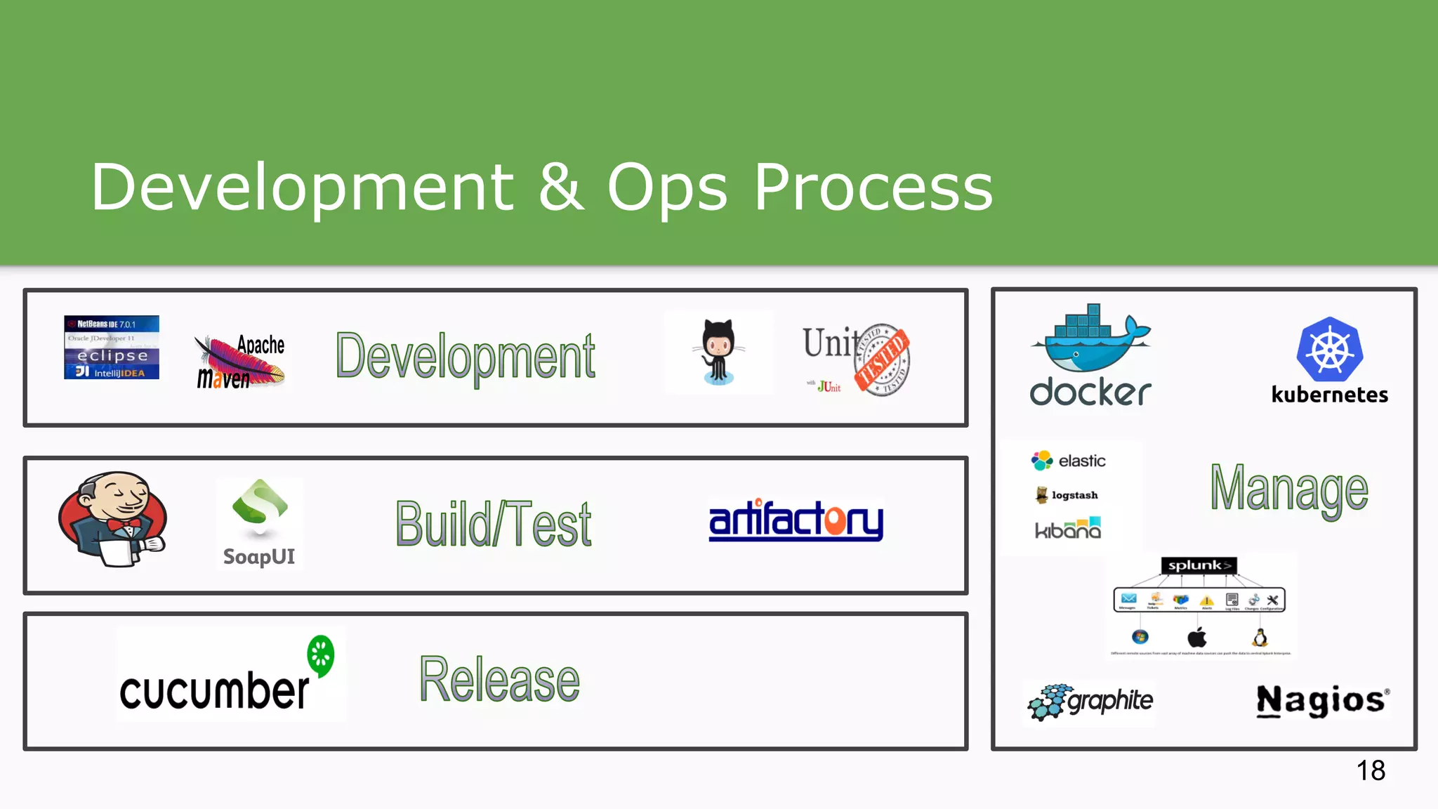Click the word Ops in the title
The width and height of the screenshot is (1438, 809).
[x=666, y=188]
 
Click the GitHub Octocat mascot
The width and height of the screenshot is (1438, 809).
[x=718, y=351]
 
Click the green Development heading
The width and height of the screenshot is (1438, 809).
[x=466, y=357]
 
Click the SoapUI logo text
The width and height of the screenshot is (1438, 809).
[x=258, y=557]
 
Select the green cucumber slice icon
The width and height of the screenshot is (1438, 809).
[x=321, y=655]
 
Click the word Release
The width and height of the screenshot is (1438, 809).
[x=499, y=679]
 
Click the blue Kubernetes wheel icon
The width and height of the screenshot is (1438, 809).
[x=1329, y=350]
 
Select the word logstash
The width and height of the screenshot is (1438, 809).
[x=1074, y=495]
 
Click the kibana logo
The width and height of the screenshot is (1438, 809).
[x=1067, y=529]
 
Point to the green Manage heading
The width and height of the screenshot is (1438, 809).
[x=1289, y=489]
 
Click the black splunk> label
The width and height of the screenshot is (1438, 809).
[x=1199, y=565]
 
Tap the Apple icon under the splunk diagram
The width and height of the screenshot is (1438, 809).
[x=1196, y=638]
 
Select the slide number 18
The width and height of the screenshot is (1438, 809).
[x=1370, y=771]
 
